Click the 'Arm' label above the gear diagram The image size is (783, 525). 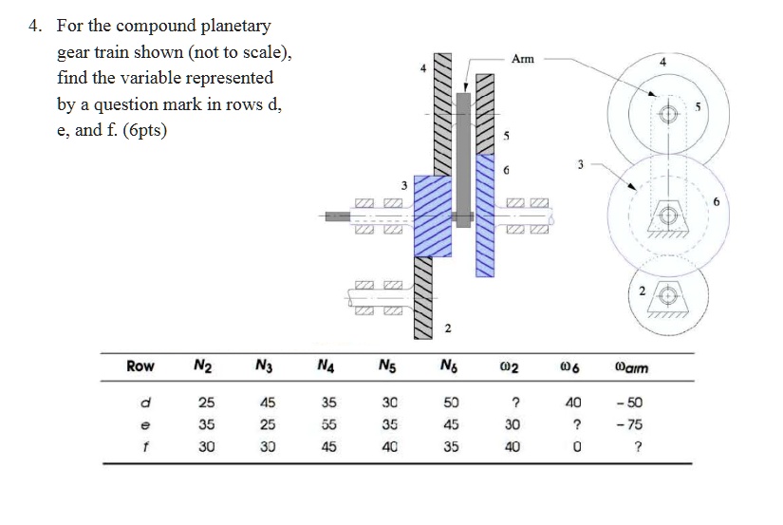point(522,59)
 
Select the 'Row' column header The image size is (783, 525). point(140,366)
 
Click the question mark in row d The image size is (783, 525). point(513,403)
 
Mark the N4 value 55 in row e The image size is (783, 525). point(326,424)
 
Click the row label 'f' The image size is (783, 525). point(140,445)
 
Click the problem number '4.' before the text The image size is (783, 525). point(35,27)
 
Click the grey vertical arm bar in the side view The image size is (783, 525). point(463,152)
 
